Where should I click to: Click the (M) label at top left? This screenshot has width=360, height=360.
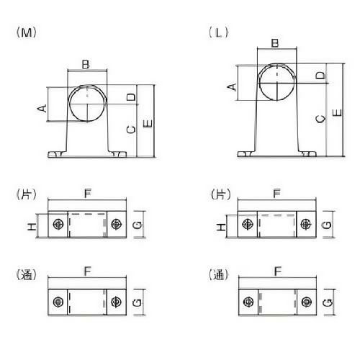(26, 32)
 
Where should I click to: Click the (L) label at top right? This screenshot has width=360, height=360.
(219, 32)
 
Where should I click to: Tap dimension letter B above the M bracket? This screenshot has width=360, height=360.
(86, 64)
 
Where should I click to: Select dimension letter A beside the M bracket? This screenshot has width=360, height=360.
(42, 108)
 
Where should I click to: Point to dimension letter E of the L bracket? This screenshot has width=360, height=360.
(337, 113)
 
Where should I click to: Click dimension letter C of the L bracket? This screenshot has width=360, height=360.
(320, 119)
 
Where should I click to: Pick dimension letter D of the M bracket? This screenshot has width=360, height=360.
(131, 97)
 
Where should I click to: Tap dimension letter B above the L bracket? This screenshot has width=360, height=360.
(275, 43)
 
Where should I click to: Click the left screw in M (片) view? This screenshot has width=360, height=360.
(58, 224)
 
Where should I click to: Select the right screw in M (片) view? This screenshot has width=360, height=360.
(117, 224)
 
